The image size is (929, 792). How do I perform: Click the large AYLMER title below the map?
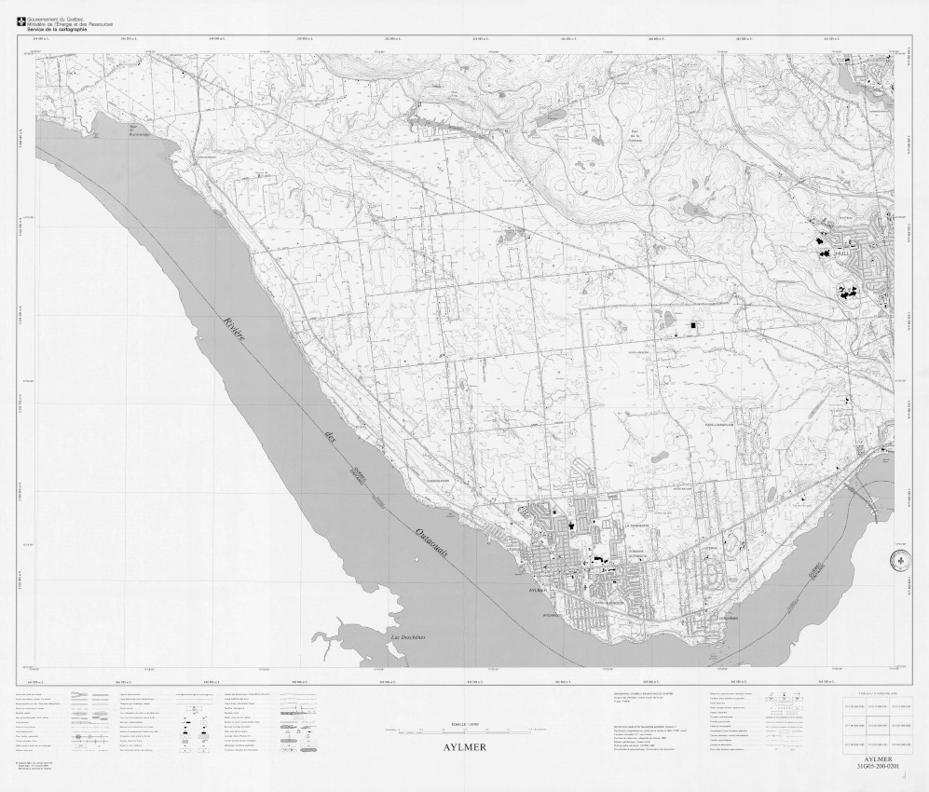pyautogui.click(x=464, y=747)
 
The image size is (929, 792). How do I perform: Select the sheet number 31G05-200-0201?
pyautogui.click(x=879, y=767)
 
